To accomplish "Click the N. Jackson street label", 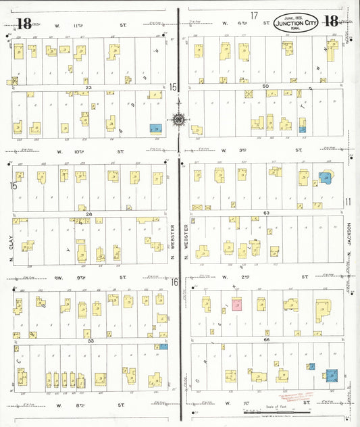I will pos(349,239).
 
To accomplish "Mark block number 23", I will pos(88,87).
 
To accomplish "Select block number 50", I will pos(265,86).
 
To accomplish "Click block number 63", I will pos(266,213).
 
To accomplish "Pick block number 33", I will pos(88,341).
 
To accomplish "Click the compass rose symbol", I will pos(178,120).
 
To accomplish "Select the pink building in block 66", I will pos(237,304).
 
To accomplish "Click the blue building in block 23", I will pos(157,128).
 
